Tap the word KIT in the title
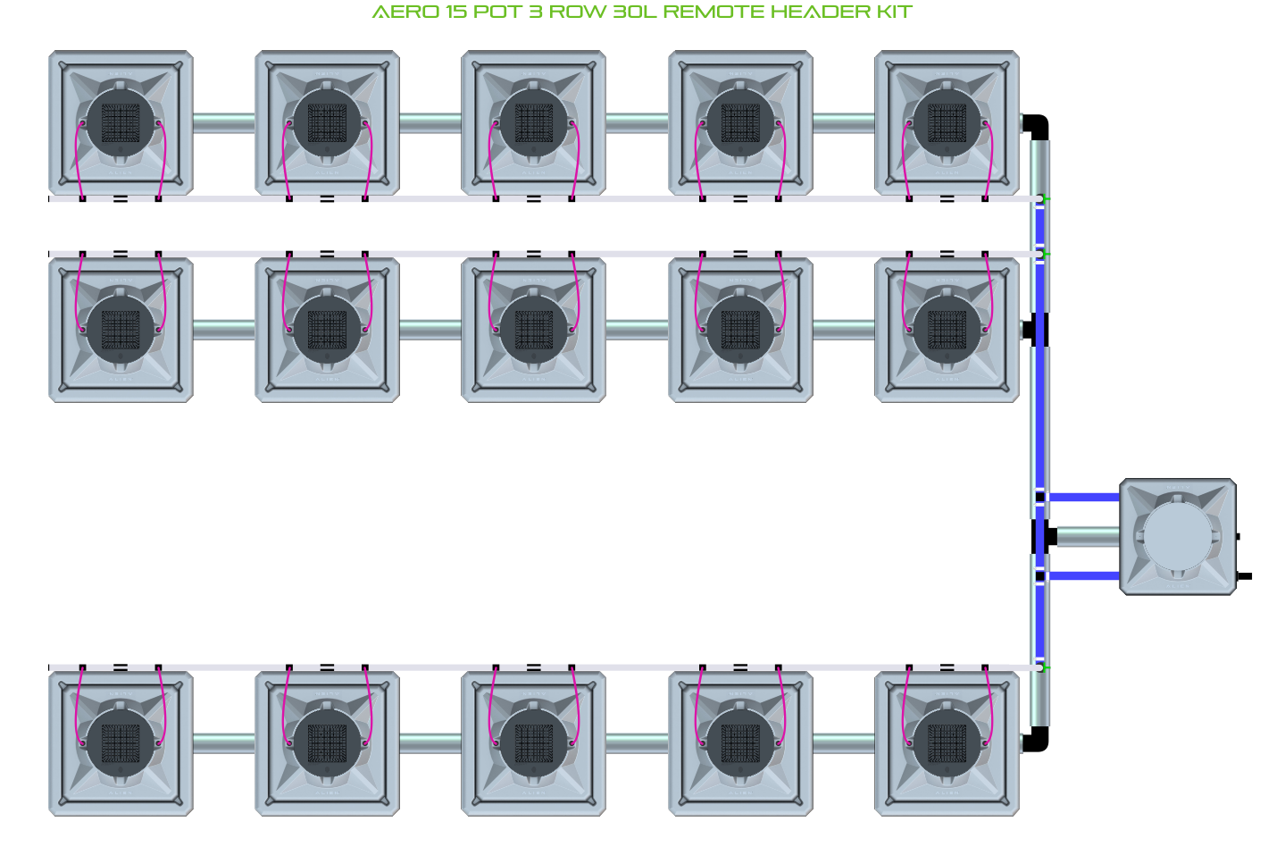pyautogui.click(x=894, y=12)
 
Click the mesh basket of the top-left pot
pyautogui.click(x=121, y=122)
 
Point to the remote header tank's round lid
pyautogui.click(x=1179, y=537)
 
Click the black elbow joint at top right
pyautogui.click(x=1036, y=127)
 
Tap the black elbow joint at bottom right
pyautogui.click(x=1036, y=739)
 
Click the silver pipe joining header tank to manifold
pyautogui.click(x=1089, y=537)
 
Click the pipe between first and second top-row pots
pyautogui.click(x=224, y=122)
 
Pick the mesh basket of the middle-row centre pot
pyautogui.click(x=533, y=330)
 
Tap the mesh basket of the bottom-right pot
pyautogui.click(x=947, y=743)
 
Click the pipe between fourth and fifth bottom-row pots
pyautogui.click(x=843, y=743)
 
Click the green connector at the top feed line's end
pyautogui.click(x=1046, y=198)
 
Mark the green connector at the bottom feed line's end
pyautogui.click(x=1046, y=667)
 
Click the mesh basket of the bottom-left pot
pyautogui.click(x=121, y=743)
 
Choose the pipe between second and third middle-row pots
pyautogui.click(x=430, y=330)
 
